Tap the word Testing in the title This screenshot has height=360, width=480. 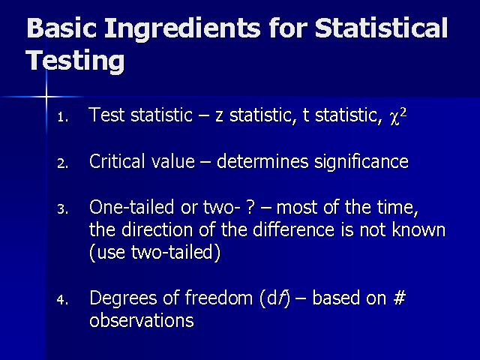coord(76,61)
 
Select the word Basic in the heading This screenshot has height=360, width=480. coord(61,28)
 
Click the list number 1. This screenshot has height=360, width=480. coord(62,117)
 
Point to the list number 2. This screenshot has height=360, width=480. coord(63,163)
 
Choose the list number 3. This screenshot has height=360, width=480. coord(63,209)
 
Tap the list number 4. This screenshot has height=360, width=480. coord(63,300)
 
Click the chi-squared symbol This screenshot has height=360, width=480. coord(398,117)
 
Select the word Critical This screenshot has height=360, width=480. coord(117,161)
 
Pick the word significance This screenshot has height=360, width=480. coord(361,163)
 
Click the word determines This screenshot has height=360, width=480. coord(262,161)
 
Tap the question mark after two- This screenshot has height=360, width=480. coord(250,207)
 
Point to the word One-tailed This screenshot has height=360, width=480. coord(132,207)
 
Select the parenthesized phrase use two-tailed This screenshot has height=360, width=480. coord(155,253)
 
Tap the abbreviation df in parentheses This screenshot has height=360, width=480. coord(274,298)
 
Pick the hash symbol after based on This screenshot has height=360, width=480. coord(400,298)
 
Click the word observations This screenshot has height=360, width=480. coord(142,320)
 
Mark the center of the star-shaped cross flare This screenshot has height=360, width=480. coord(46,97)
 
